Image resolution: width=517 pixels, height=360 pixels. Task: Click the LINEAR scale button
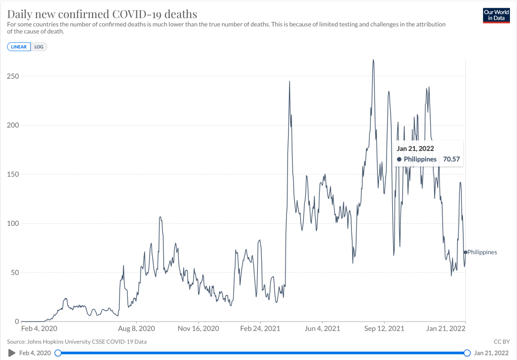(19, 47)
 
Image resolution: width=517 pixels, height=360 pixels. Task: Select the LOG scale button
(39, 47)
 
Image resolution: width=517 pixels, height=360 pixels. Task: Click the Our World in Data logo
(496, 16)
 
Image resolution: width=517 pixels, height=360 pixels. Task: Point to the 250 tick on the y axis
(13, 76)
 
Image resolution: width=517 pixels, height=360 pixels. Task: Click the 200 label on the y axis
(13, 125)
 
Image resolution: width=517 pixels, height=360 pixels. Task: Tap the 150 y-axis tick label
(13, 174)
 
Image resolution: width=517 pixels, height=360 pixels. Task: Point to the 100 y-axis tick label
(13, 223)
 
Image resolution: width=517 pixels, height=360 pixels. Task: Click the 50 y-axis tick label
(15, 273)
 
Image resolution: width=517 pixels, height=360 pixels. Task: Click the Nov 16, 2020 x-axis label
(199, 328)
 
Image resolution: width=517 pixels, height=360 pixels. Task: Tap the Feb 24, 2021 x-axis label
(260, 328)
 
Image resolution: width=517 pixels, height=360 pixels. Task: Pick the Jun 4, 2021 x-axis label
(322, 328)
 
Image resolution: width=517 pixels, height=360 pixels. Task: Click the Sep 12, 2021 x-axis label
(385, 328)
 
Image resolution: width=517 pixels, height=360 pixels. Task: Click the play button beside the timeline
(12, 352)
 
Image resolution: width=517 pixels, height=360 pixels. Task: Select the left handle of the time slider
(58, 352)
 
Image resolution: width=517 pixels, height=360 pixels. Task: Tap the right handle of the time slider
(467, 352)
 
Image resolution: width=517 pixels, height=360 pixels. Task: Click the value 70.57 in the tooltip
(451, 159)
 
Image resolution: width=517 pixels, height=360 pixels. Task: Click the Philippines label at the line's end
(482, 252)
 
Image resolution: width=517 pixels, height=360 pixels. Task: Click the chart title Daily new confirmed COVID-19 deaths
(102, 13)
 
